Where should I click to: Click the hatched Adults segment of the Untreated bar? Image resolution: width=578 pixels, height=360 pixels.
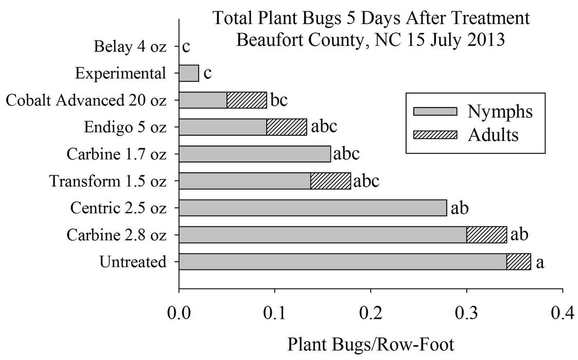coord(518,261)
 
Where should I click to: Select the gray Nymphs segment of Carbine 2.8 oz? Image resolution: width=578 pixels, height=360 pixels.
coord(323,235)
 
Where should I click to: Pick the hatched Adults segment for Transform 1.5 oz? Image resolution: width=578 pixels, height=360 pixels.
coord(330,181)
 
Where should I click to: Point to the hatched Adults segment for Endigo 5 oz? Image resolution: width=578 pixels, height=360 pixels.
coord(286,127)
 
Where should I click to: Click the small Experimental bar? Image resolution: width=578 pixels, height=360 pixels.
coord(188,74)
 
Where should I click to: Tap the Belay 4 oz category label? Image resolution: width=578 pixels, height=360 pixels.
coord(130,47)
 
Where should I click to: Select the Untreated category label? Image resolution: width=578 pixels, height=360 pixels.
coord(133,262)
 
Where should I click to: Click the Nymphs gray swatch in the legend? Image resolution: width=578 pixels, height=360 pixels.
coord(435,111)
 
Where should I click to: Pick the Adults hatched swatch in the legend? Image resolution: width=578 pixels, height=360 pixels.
coord(435,135)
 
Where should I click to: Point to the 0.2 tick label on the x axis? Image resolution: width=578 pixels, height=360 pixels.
coord(370,313)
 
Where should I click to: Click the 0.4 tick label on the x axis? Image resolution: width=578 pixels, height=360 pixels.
coord(563,313)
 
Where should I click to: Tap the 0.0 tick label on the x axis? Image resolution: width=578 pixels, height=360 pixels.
coord(179,313)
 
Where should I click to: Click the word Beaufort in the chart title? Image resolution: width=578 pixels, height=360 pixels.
coord(271,40)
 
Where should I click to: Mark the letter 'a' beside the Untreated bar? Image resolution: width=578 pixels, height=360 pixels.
coord(540,262)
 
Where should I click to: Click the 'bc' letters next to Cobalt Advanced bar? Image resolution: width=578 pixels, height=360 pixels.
coord(278,100)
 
